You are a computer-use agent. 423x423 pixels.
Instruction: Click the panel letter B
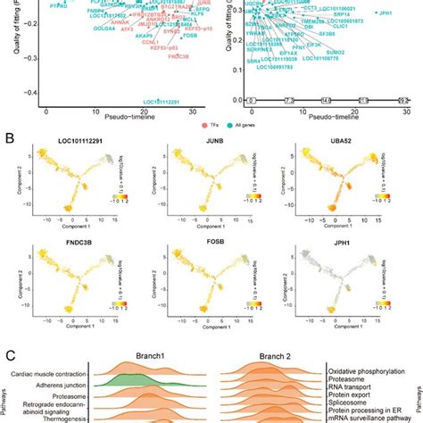click(9, 139)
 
